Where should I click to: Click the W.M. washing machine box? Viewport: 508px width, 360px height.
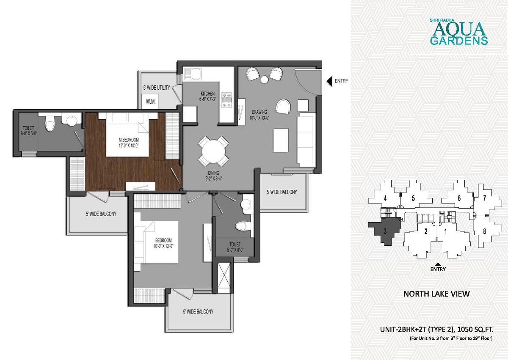tap(150, 102)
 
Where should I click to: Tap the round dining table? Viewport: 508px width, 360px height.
tap(213, 151)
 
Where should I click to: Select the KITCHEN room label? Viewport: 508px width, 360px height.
tap(207, 93)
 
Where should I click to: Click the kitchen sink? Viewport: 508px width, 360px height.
tap(192, 74)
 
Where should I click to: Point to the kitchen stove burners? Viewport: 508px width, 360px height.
tap(226, 100)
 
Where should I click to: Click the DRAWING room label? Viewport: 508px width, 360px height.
tap(259, 112)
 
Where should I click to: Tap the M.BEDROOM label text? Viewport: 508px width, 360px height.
tap(129, 140)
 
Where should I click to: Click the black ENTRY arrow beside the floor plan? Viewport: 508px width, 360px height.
tap(329, 81)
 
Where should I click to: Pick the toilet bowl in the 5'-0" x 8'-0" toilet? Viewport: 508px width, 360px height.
tap(243, 226)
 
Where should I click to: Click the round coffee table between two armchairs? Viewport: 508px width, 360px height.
tap(264, 79)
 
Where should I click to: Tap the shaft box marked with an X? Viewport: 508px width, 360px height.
tap(224, 278)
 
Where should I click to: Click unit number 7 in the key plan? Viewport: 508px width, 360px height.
tap(484, 198)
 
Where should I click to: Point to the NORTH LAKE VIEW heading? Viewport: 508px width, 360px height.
tap(436, 294)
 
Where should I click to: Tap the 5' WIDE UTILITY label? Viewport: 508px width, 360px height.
tap(157, 88)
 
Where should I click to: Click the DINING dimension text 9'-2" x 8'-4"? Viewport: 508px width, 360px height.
tap(213, 178)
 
